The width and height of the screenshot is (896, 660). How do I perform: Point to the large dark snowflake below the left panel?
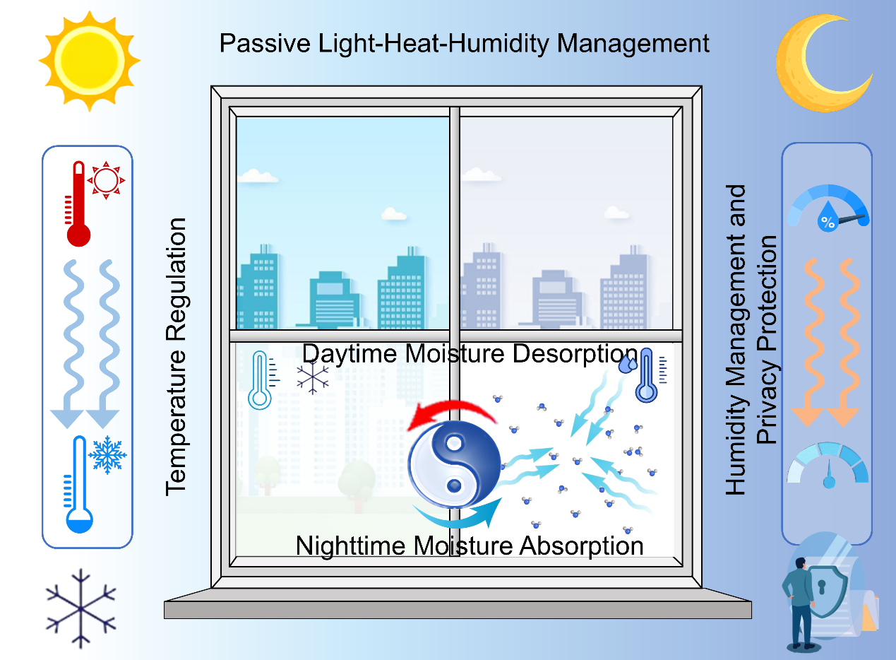80,608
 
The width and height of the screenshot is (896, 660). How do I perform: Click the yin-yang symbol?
454,464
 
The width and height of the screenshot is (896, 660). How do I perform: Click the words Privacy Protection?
767,339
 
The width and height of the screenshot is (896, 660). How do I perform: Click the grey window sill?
458,609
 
